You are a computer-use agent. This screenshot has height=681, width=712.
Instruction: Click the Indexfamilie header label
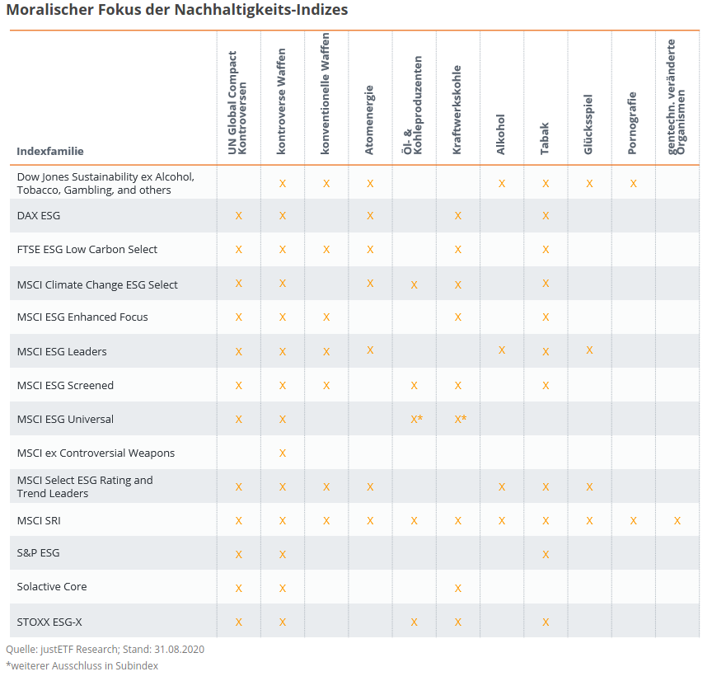(x=50, y=151)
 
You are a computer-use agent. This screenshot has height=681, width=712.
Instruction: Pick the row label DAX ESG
(x=39, y=216)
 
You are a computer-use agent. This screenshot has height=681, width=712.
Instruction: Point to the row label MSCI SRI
(x=39, y=521)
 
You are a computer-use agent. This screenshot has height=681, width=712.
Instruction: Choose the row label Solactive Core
(x=52, y=587)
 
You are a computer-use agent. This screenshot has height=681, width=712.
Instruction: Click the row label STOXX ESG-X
(x=49, y=622)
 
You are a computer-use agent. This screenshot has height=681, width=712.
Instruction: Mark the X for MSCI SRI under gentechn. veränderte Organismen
(x=677, y=521)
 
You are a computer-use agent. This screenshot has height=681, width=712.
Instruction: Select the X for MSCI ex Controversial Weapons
(x=283, y=453)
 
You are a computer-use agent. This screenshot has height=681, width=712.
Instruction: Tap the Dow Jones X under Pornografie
(x=633, y=183)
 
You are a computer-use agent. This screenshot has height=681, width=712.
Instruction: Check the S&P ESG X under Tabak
(x=546, y=554)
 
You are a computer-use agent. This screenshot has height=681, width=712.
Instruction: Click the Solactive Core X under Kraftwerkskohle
(x=457, y=589)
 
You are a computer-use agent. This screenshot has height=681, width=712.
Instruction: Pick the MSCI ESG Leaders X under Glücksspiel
(x=589, y=350)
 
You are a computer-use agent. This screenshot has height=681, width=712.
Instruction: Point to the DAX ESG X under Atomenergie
(x=370, y=216)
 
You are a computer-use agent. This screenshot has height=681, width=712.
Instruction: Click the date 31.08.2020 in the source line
(x=179, y=650)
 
